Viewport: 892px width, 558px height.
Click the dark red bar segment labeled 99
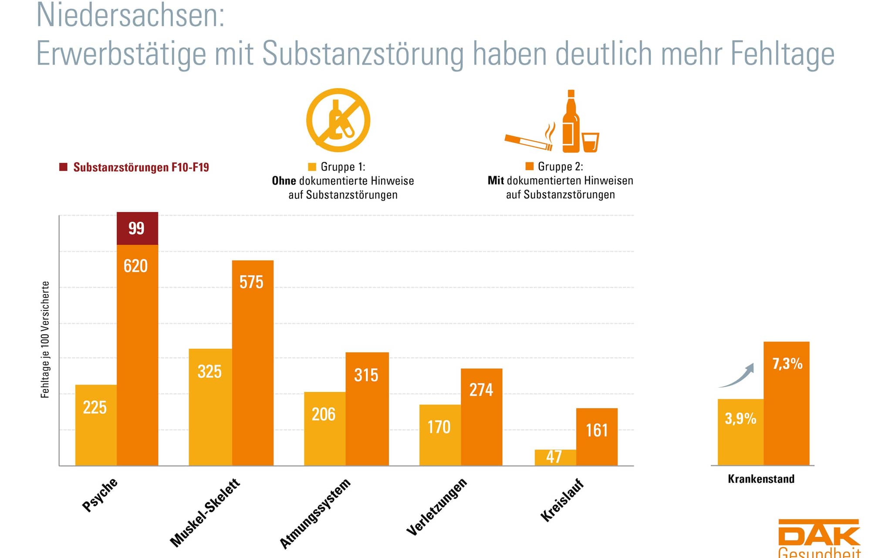[137, 228]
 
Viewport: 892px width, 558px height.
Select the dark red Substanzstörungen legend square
[64, 167]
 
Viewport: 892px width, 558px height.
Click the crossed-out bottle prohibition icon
[338, 120]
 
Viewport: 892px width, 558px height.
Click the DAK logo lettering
[819, 534]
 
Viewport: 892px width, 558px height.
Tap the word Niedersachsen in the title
[130, 16]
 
